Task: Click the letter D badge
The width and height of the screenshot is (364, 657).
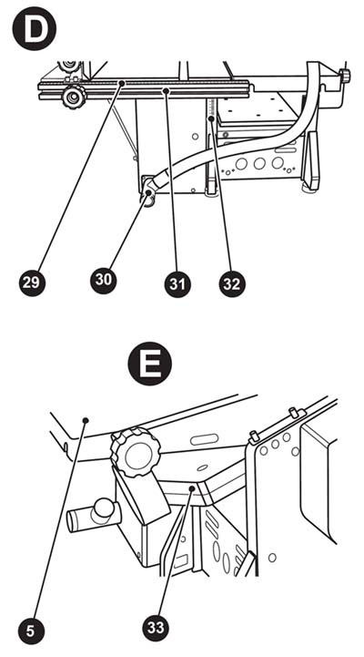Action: (x=35, y=29)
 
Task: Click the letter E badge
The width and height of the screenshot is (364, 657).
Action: (x=150, y=364)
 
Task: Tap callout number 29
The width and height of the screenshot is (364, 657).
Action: (x=32, y=282)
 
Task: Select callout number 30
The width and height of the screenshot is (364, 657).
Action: (x=104, y=280)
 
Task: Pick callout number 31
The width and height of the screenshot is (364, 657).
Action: (x=177, y=283)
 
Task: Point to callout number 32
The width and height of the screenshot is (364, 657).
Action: (x=232, y=283)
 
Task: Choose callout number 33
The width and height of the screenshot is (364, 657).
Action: (x=156, y=627)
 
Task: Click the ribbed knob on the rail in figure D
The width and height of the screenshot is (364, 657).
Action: (x=74, y=98)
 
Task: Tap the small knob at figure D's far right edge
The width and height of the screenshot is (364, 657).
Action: (x=345, y=77)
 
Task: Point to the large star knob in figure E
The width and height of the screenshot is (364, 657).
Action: (x=136, y=451)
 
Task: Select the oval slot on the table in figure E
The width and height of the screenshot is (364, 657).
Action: (x=204, y=439)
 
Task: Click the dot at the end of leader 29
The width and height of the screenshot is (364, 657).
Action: (x=122, y=84)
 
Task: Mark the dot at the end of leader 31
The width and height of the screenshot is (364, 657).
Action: (x=167, y=90)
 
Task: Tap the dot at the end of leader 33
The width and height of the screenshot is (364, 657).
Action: (x=191, y=488)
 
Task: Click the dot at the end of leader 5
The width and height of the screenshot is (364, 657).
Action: (x=86, y=420)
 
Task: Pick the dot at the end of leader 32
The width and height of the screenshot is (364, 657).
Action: (x=211, y=119)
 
